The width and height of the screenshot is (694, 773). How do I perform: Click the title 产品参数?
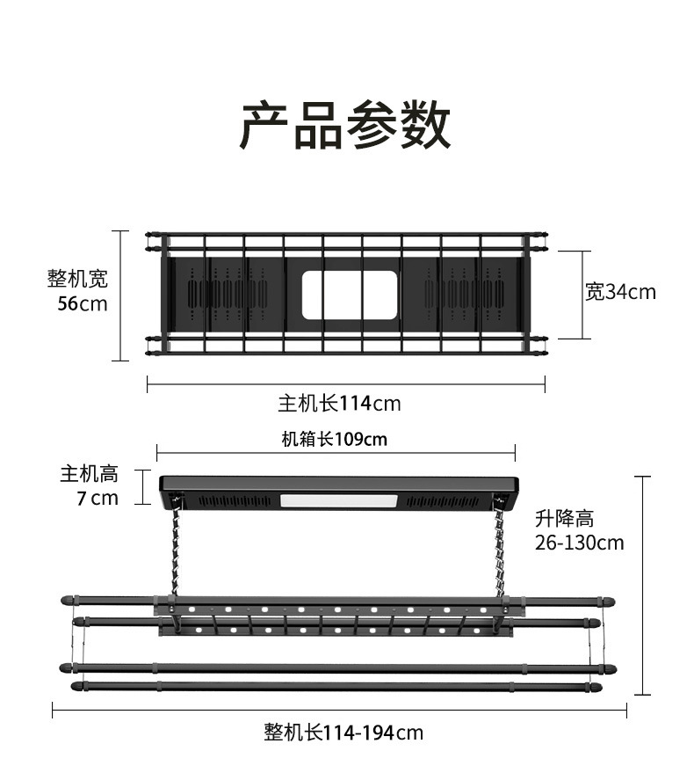[346, 126]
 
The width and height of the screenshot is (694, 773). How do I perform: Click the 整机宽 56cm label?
[78, 291]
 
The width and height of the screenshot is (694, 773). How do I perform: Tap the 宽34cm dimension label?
[620, 291]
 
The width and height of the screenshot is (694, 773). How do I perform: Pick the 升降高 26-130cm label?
[579, 530]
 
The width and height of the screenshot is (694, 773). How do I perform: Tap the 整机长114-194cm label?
[343, 732]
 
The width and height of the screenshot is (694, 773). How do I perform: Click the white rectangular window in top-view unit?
[350, 295]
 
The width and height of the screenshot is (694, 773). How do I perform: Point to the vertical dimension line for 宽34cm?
[581, 295]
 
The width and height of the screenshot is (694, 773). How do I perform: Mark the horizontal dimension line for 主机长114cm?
[345, 383]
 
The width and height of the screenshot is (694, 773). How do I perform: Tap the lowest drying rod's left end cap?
[78, 685]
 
